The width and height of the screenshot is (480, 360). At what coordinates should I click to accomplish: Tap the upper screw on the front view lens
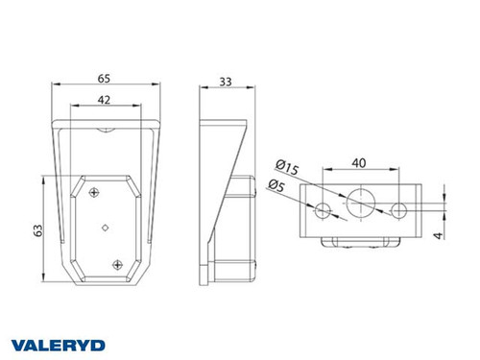tap(93, 193)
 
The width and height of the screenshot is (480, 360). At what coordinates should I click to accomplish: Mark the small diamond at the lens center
tap(105, 228)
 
